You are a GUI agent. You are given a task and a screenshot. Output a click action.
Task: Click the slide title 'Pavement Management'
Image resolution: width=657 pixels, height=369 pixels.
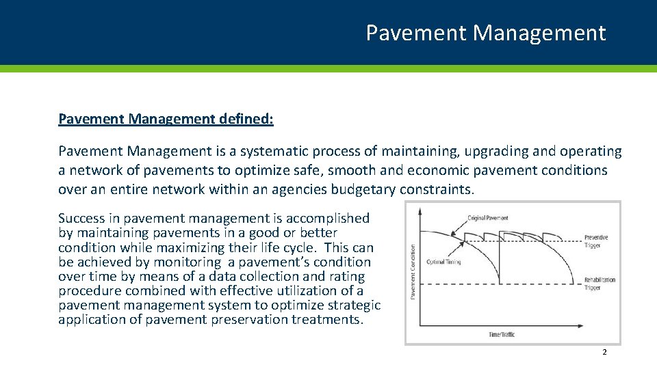[x=485, y=33]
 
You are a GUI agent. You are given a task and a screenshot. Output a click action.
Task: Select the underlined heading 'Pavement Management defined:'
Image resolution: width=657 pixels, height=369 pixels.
[x=166, y=120]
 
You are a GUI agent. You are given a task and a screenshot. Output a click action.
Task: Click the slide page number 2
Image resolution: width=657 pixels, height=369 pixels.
[x=604, y=352]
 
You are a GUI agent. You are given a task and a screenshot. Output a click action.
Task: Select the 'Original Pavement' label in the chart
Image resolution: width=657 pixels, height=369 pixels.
[x=488, y=218]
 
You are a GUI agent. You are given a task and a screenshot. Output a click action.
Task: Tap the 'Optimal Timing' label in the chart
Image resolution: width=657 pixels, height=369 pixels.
[x=443, y=262]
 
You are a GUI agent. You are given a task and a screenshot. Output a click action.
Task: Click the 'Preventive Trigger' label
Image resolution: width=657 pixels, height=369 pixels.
[x=596, y=241]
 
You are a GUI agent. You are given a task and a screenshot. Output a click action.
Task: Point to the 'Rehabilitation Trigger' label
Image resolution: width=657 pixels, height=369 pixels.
[x=600, y=284]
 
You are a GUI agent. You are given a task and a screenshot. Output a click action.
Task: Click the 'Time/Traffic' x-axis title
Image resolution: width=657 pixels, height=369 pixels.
[x=502, y=334]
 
